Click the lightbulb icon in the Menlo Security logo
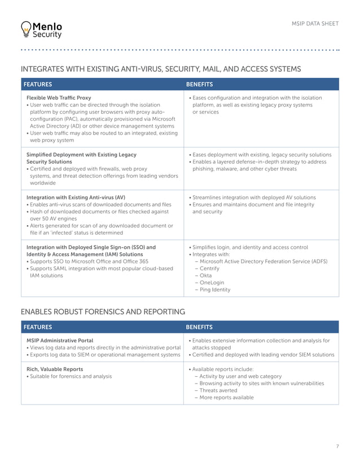click(25, 29)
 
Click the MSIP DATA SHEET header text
click(315, 23)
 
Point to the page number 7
click(337, 446)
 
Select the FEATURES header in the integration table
click(37, 85)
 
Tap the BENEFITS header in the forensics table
click(199, 327)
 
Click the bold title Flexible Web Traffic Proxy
click(59, 98)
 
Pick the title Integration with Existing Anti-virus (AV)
click(76, 197)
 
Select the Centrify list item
click(210, 269)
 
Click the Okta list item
click(207, 275)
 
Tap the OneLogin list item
click(212, 283)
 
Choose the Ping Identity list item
click(215, 290)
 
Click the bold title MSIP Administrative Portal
click(60, 340)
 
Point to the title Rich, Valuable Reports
click(55, 369)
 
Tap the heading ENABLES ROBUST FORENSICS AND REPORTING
click(103, 311)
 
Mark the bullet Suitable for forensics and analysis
click(71, 376)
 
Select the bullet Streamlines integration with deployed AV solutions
click(254, 197)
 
